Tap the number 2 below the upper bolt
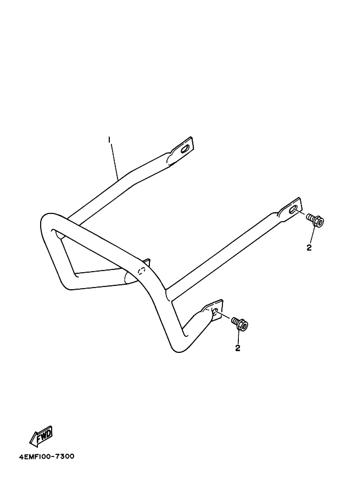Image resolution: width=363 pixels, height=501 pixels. click(x=309, y=248)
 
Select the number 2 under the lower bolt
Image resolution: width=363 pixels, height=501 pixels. click(x=238, y=348)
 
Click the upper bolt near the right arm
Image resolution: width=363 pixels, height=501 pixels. click(x=315, y=221)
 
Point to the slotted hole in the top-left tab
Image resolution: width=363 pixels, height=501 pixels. click(x=186, y=148)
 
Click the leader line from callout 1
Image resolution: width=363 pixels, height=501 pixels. click(x=115, y=162)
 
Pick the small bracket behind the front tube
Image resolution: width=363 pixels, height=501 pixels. click(x=146, y=261)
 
